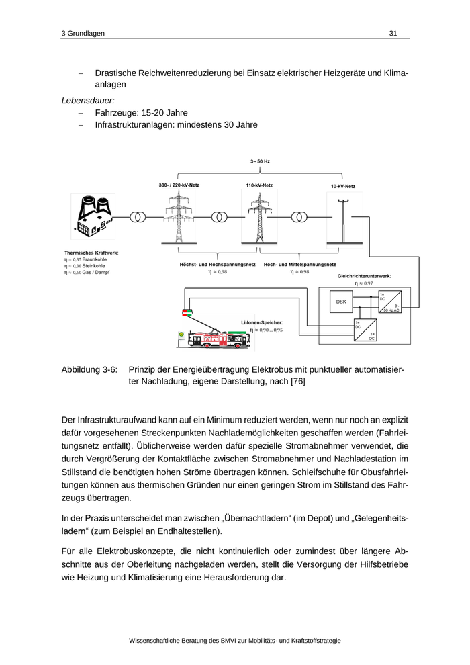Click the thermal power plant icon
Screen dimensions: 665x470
[92, 217]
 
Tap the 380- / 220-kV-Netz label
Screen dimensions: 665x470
[179, 185]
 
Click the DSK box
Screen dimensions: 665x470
[341, 302]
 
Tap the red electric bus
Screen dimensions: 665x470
[220, 339]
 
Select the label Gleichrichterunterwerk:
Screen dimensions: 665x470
[364, 276]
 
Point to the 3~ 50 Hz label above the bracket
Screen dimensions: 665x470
[260, 162]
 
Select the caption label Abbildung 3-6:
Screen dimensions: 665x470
[89, 369]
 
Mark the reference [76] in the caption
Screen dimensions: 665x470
[297, 381]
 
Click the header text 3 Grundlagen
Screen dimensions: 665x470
[83, 33]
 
